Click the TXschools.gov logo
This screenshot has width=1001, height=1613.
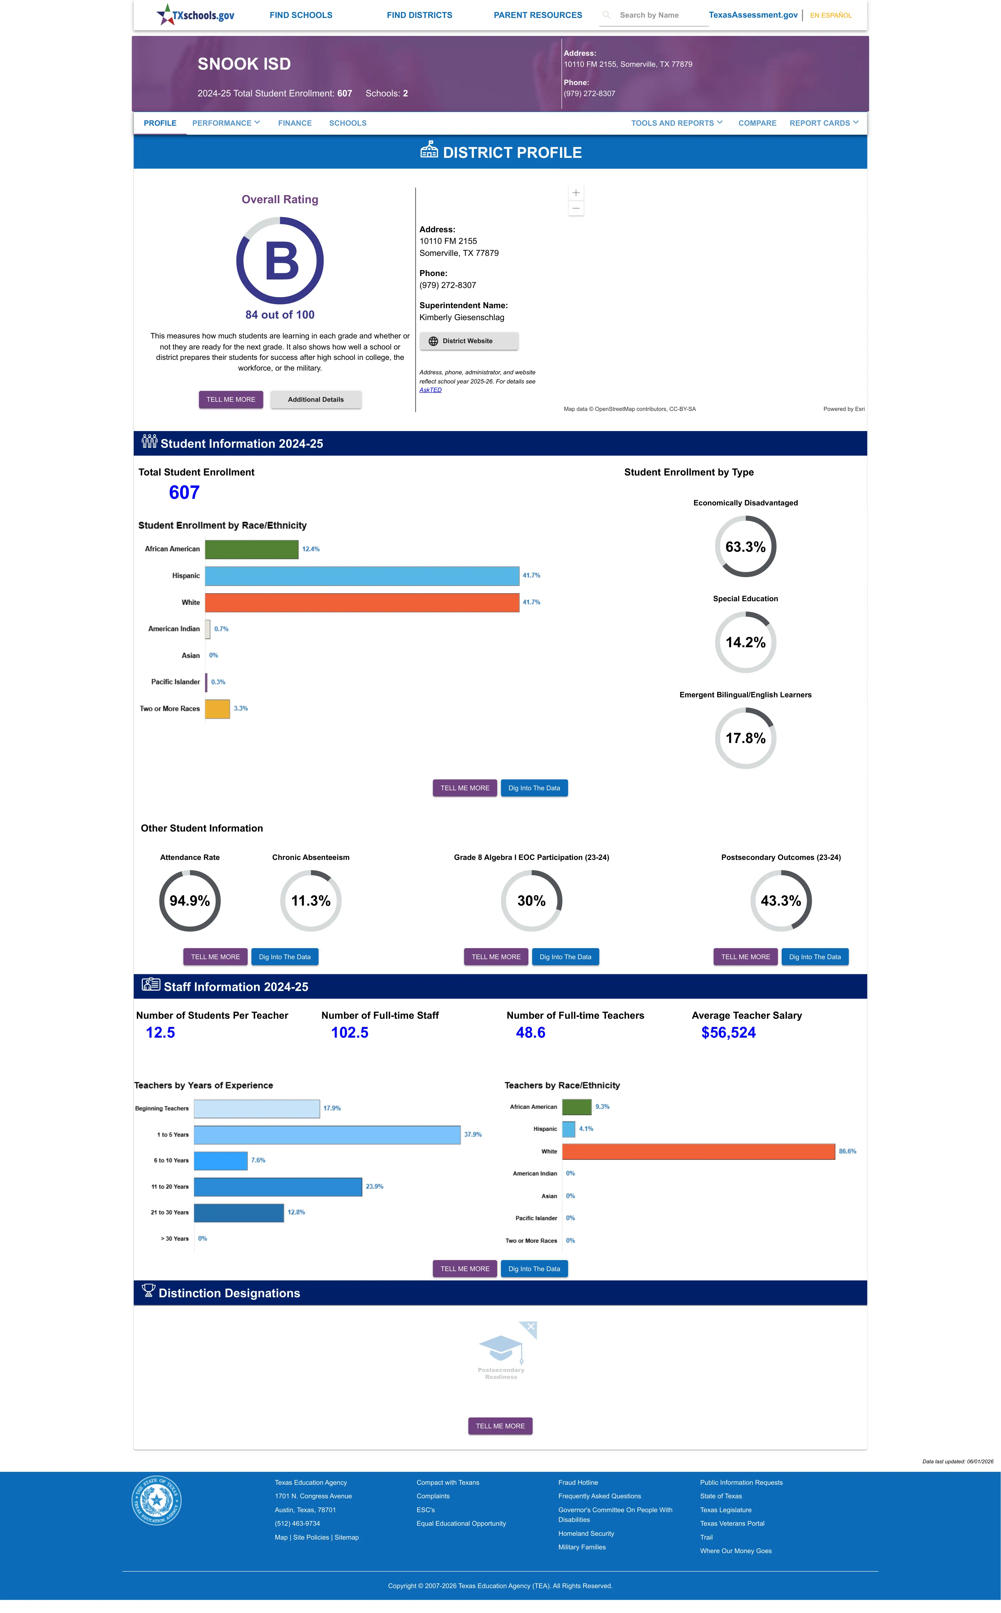[x=195, y=14]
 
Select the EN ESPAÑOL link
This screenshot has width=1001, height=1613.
[x=831, y=15]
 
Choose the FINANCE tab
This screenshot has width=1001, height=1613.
[x=295, y=123]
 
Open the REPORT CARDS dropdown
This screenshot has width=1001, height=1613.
[x=824, y=123]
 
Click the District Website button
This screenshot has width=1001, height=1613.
[x=469, y=341]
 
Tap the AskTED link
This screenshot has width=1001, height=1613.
[x=430, y=390]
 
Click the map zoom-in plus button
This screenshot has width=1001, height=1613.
[x=576, y=193]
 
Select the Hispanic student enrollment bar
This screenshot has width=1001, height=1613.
[x=362, y=576]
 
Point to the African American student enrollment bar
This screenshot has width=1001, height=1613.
[x=251, y=549]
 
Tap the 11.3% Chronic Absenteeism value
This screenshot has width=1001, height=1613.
[x=310, y=901]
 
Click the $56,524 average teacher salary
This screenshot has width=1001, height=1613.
[x=728, y=1033]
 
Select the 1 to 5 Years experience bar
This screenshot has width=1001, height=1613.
[x=327, y=1134]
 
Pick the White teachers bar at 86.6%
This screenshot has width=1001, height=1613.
[x=699, y=1152]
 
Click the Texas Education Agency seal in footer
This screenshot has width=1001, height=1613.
[x=156, y=1501]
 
